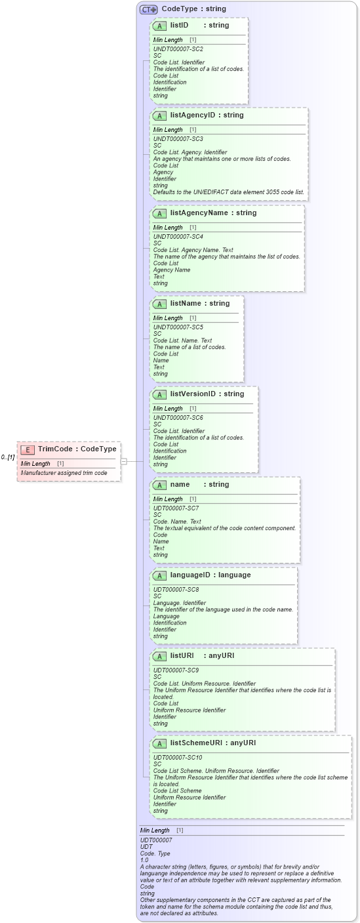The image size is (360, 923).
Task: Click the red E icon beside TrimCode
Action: point(28,449)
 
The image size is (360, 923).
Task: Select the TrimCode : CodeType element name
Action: point(77,449)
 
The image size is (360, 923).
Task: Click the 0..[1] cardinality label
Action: point(8,457)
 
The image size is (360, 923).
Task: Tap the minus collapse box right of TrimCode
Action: point(123,461)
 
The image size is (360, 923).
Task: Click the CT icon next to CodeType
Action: point(148,9)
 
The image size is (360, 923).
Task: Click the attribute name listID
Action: point(179,26)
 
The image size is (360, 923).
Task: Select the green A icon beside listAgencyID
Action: point(159,115)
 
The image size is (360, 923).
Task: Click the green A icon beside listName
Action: point(159,304)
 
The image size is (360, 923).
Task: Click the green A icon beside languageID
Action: point(159,575)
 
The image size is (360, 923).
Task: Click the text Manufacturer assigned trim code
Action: point(64,473)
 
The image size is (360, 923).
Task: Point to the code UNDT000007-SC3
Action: point(178,139)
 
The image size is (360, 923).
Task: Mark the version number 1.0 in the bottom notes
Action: point(144,860)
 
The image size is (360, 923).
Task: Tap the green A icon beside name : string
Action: point(159,485)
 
